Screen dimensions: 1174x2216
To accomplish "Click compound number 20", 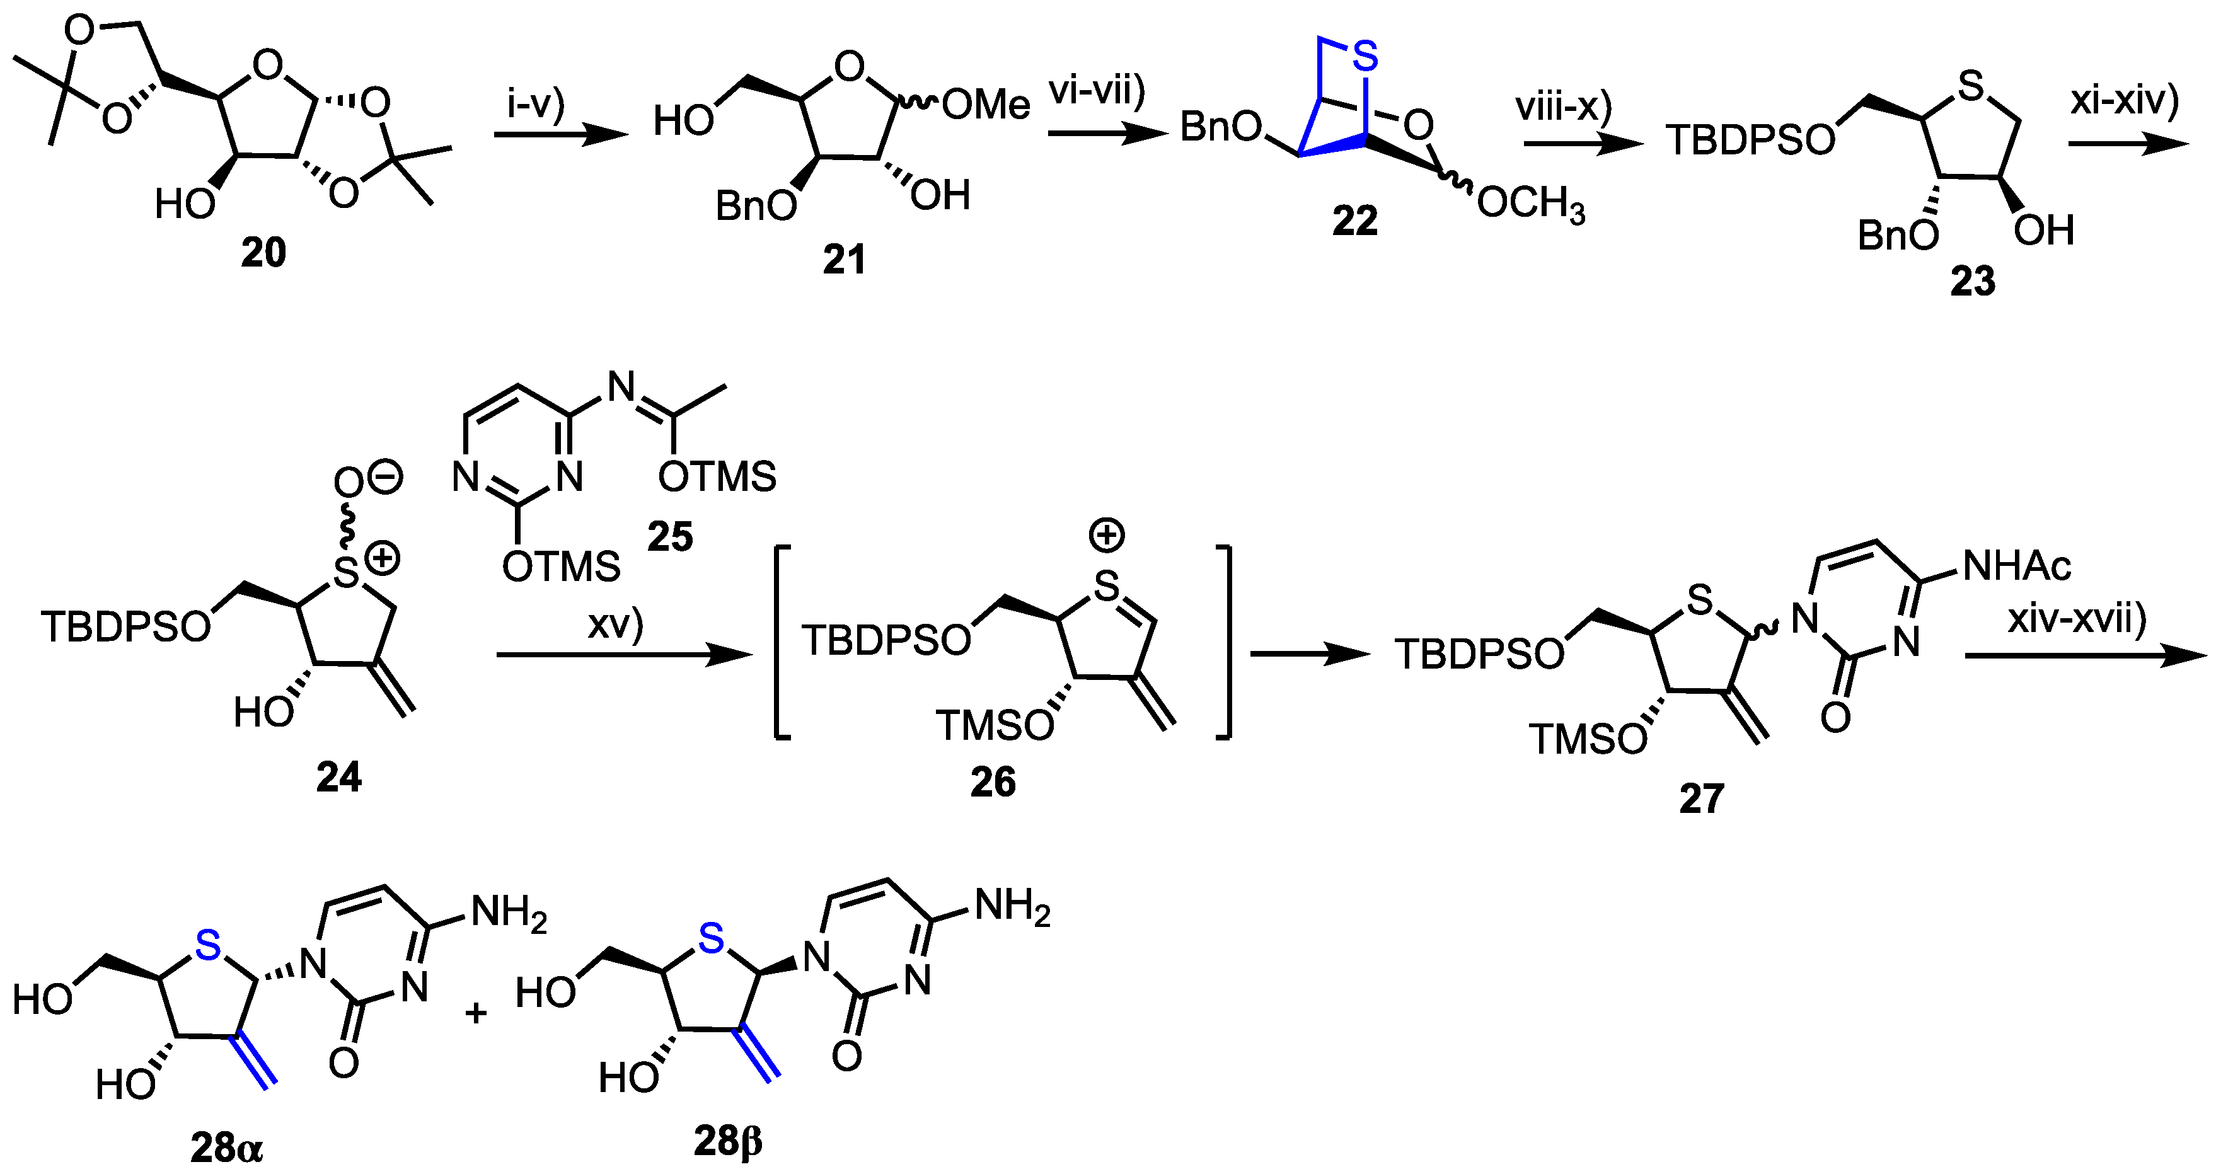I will [263, 253].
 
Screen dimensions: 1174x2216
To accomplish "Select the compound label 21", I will [844, 260].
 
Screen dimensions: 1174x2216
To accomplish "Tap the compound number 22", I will [1355, 221].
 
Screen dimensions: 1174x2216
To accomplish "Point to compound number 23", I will [1973, 281].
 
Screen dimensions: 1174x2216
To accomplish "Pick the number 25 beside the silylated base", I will [670, 538].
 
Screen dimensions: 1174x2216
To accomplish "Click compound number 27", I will [1702, 799].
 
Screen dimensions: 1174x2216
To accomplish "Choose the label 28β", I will [728, 1141].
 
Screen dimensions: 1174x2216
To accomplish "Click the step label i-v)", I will [535, 103].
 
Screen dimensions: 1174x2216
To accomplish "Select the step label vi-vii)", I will [1097, 90].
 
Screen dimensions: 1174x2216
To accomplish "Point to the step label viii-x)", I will [1563, 106].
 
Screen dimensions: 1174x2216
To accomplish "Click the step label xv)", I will [616, 625].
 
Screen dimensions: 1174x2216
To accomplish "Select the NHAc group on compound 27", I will [2016, 566].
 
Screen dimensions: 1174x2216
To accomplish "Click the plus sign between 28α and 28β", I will [476, 1013].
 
